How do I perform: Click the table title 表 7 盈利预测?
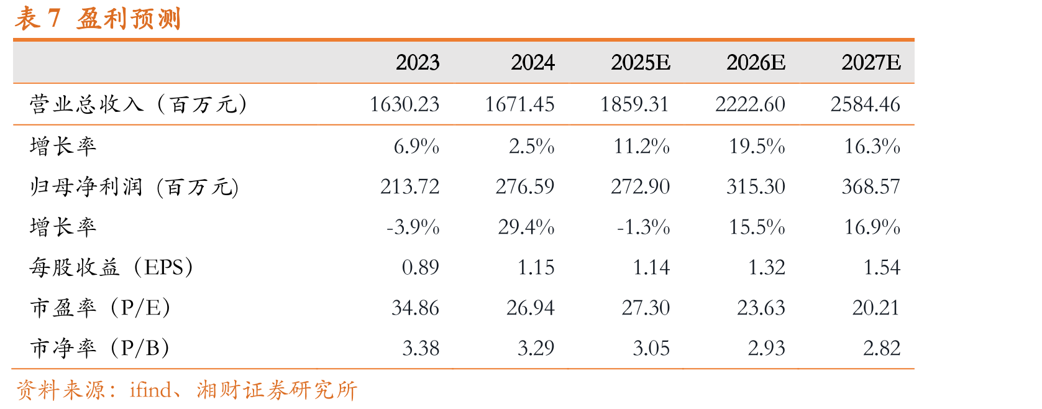tap(98, 19)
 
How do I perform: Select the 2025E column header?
tap(641, 62)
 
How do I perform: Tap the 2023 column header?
tap(418, 62)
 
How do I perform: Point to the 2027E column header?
tap(871, 62)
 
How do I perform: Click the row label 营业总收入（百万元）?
tap(138, 104)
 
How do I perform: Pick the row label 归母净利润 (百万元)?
tap(134, 187)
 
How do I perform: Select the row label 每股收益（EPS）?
tap(111, 267)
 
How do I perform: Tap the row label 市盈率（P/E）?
tap(100, 308)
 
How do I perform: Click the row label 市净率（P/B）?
tap(100, 348)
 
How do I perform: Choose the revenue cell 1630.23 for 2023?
tap(404, 104)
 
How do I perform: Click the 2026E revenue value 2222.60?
tap(751, 104)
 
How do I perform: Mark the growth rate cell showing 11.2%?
tap(641, 147)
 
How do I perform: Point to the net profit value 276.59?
tap(525, 187)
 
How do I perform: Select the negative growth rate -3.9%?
tap(413, 227)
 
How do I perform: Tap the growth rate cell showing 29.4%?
tap(526, 227)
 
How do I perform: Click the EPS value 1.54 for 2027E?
tap(882, 267)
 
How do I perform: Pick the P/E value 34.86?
tap(416, 308)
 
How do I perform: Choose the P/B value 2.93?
tap(767, 348)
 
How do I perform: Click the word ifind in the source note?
tap(150, 390)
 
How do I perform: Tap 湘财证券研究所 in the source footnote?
tap(277, 390)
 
